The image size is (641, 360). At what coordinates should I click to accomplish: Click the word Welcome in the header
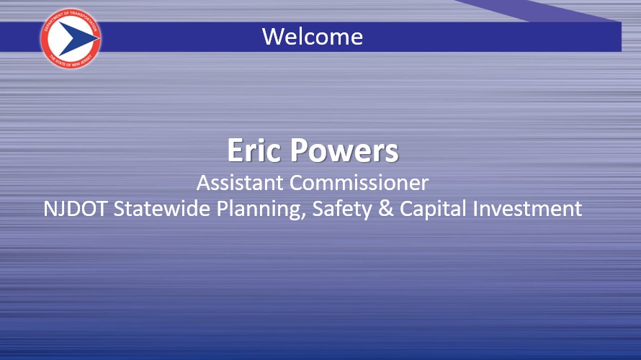click(x=312, y=36)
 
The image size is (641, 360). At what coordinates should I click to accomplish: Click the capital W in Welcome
click(x=272, y=36)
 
